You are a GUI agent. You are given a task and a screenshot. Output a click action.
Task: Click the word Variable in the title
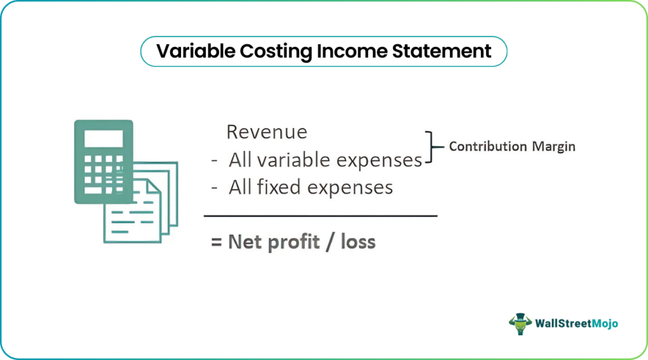pyautogui.click(x=196, y=51)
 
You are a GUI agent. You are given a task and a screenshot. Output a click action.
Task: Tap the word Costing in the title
pyautogui.click(x=276, y=52)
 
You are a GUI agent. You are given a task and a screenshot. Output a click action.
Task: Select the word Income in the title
pyautogui.click(x=352, y=51)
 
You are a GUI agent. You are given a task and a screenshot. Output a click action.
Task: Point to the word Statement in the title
pyautogui.click(x=441, y=51)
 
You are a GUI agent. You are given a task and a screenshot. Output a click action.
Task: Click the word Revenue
pyautogui.click(x=267, y=132)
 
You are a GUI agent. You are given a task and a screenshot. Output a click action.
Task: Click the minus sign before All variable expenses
pyautogui.click(x=214, y=161)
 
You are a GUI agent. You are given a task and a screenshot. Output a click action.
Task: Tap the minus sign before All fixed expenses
pyautogui.click(x=214, y=188)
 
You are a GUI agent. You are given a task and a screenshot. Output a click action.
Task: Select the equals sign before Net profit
pyautogui.click(x=216, y=242)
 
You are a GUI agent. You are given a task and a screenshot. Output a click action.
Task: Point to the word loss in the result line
pyautogui.click(x=358, y=242)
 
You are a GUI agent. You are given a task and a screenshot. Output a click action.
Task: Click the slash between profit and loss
pyautogui.click(x=330, y=242)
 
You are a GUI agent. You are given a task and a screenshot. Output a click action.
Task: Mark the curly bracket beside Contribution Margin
pyautogui.click(x=432, y=147)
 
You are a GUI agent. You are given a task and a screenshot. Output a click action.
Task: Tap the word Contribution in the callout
pyautogui.click(x=488, y=146)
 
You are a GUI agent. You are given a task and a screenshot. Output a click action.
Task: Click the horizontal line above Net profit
pyautogui.click(x=321, y=216)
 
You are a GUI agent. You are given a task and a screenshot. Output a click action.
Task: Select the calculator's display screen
pyautogui.click(x=104, y=139)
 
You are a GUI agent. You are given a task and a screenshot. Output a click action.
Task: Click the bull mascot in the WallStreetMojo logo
pyautogui.click(x=520, y=324)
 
